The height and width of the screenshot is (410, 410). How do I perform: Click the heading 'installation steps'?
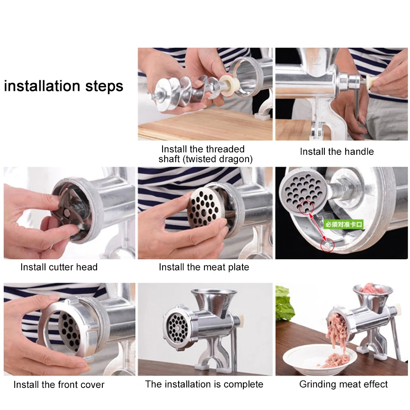(x=63, y=86)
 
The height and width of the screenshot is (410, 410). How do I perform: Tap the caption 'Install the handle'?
(x=337, y=152)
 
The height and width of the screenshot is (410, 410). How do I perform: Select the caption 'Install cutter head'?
(x=59, y=267)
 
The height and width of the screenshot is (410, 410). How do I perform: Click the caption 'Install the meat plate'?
(x=204, y=267)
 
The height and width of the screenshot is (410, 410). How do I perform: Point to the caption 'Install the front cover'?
(x=59, y=385)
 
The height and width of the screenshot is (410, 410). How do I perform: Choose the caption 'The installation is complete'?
(x=204, y=384)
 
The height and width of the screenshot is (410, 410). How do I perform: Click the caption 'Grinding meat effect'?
(x=343, y=384)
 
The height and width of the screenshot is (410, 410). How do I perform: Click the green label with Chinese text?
(x=343, y=224)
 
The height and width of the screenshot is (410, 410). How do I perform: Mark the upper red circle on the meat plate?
(x=306, y=208)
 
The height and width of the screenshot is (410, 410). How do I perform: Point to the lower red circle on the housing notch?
(x=327, y=245)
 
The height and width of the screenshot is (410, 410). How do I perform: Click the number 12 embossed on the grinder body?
(x=315, y=61)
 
